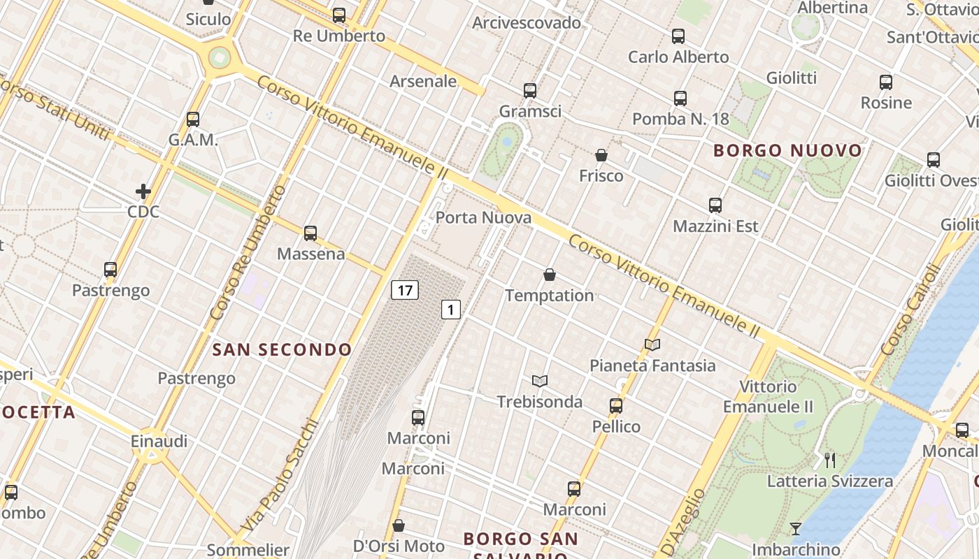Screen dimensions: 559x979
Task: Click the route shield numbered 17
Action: (x=405, y=289)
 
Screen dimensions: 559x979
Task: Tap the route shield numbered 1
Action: (x=451, y=309)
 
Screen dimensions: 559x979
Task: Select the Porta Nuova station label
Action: (x=483, y=217)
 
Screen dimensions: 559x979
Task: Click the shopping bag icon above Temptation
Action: (x=550, y=275)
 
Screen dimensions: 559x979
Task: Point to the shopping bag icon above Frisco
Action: (x=601, y=154)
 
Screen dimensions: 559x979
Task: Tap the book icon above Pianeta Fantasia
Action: (x=652, y=344)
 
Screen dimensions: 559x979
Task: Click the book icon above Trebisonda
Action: (x=539, y=381)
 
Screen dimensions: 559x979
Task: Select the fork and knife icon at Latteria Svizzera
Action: (x=830, y=460)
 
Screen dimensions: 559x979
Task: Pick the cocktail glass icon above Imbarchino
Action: (x=796, y=528)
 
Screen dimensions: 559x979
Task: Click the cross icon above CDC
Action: (x=143, y=191)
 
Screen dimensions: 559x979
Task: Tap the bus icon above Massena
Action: (x=310, y=233)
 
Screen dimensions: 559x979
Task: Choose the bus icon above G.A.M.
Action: (x=193, y=119)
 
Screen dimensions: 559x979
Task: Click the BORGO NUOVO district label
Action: (x=788, y=150)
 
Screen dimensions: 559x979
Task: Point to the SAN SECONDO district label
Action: (x=282, y=349)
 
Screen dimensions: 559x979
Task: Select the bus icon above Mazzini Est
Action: (x=715, y=205)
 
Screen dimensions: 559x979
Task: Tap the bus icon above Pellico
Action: (x=616, y=405)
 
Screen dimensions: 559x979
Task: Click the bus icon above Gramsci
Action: (x=530, y=90)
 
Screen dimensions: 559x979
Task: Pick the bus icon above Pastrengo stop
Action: (x=110, y=270)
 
